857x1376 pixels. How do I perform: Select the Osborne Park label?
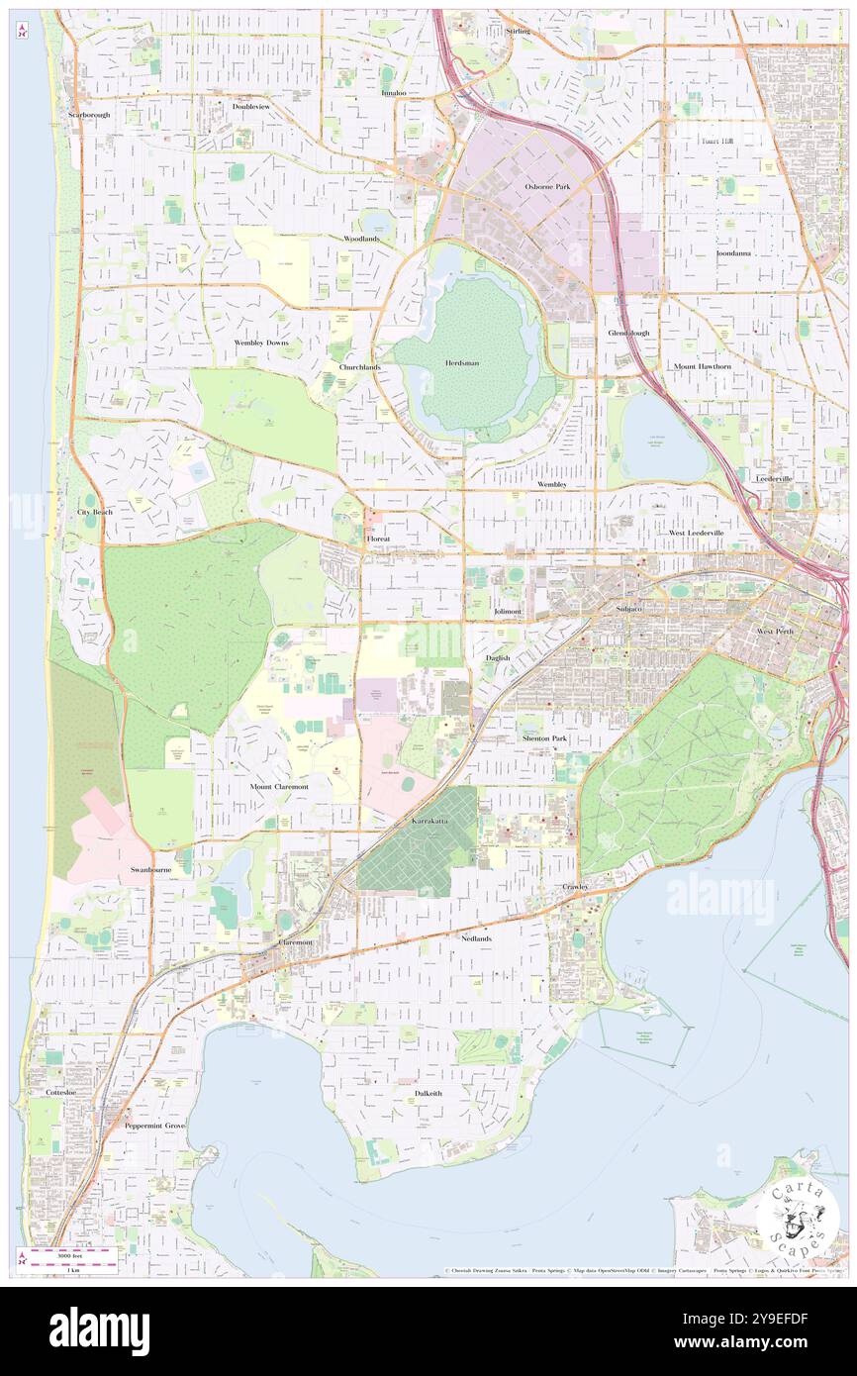547,186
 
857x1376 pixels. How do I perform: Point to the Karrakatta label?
431,822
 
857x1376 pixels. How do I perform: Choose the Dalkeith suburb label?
428,1093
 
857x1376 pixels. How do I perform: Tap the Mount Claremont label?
279,786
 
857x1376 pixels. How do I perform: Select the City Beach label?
95,512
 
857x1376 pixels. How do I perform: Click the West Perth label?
775,631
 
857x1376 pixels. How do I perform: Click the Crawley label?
576,886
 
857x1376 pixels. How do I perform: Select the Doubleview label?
250,106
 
